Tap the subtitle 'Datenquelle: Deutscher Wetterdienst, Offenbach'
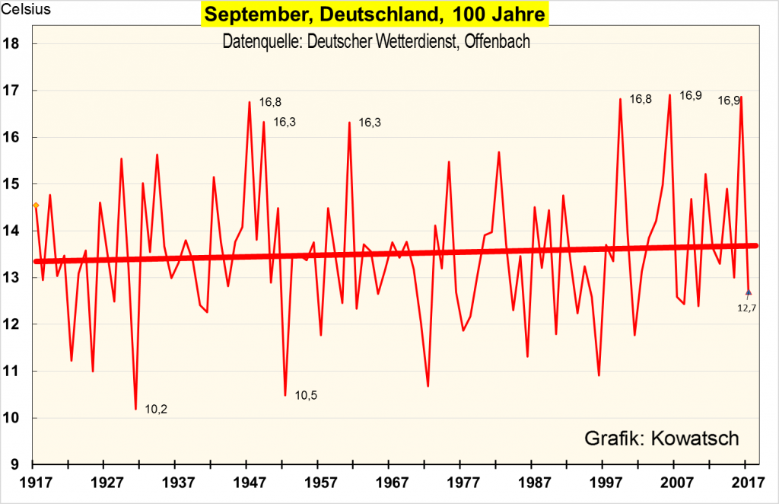376,41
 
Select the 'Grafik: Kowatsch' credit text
661,439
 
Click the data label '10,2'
156,410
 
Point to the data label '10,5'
306,396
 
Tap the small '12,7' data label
748,308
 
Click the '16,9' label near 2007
691,96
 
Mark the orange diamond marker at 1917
36,206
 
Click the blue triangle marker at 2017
749,292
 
